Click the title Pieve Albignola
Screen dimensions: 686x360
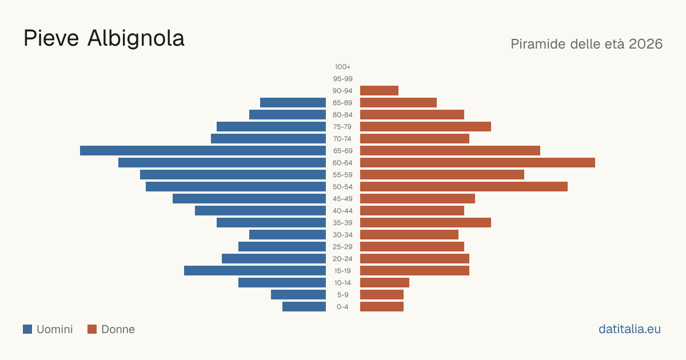[104, 38]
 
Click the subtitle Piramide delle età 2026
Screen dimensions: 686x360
[587, 44]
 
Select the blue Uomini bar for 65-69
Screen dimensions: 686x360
[203, 151]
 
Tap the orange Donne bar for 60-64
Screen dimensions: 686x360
[477, 162]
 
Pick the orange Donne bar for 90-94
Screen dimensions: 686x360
[379, 91]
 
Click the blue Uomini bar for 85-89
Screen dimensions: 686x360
[293, 102]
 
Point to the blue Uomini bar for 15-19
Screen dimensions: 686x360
[255, 271]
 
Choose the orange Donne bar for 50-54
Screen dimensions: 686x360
[464, 187]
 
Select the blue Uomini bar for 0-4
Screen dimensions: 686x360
[304, 307]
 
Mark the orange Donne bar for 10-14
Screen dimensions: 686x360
[385, 282]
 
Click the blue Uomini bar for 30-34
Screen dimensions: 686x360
[288, 235]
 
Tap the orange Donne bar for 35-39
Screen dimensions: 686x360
[425, 222]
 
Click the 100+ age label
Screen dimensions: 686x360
[342, 67]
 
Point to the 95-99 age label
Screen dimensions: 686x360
[342, 79]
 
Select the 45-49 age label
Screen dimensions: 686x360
[342, 199]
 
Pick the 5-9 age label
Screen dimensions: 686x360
[342, 295]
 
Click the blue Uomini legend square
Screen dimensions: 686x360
[27, 329]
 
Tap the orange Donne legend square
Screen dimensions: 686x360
[92, 329]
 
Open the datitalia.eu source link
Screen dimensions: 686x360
[629, 329]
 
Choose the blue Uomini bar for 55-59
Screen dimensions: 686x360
[233, 175]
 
